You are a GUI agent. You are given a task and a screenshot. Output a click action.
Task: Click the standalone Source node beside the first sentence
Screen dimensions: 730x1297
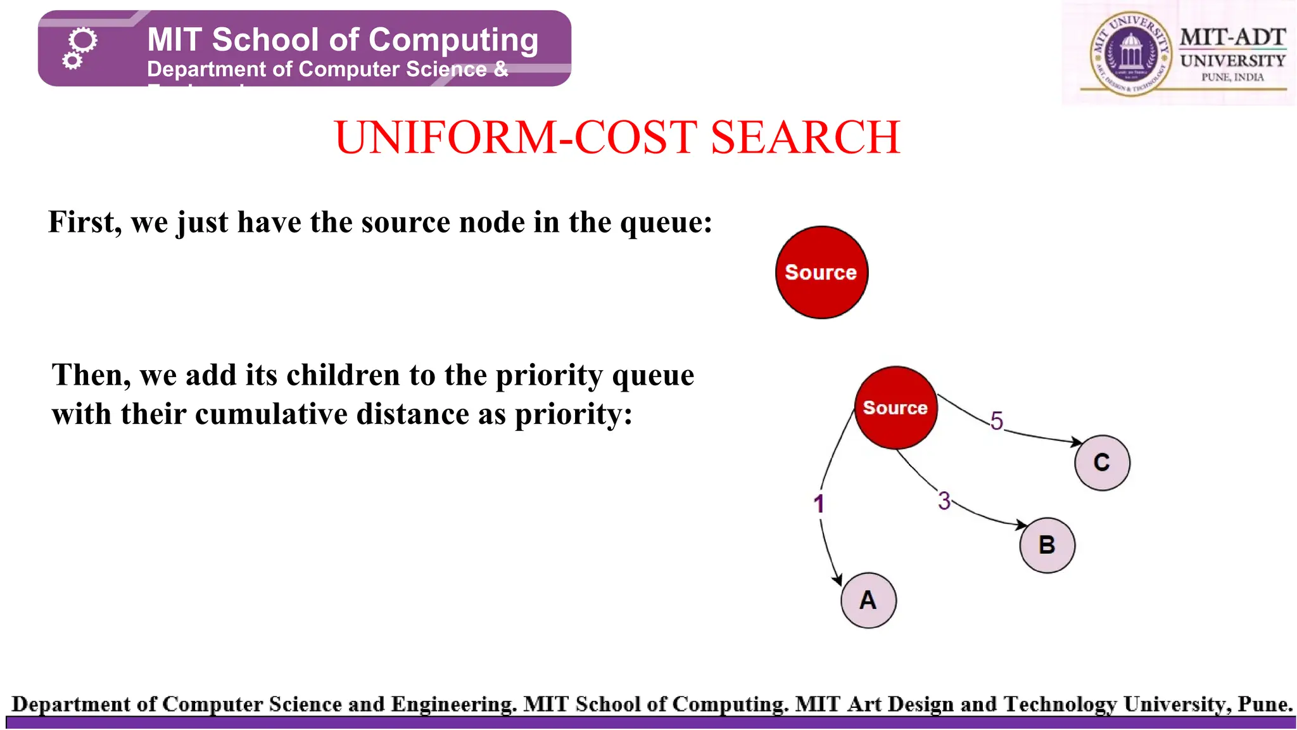pyautogui.click(x=821, y=272)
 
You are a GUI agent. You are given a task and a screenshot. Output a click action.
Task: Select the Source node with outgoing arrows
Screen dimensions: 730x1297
pyautogui.click(x=895, y=407)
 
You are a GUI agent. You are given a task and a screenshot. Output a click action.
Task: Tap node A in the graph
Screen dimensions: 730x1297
pyautogui.click(x=868, y=600)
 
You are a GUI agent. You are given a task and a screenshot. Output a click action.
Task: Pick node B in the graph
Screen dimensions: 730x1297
pyautogui.click(x=1047, y=545)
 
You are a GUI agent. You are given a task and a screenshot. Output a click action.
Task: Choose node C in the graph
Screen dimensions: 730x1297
pyautogui.click(x=1102, y=463)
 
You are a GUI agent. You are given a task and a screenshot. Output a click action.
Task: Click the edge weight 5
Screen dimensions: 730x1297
pyautogui.click(x=997, y=421)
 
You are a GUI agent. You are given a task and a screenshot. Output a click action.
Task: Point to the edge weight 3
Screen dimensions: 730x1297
pyautogui.click(x=944, y=501)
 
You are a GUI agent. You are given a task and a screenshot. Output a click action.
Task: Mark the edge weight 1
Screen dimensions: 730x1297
pyautogui.click(x=819, y=504)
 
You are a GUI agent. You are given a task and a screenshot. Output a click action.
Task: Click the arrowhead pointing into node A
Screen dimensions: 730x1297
pyautogui.click(x=838, y=580)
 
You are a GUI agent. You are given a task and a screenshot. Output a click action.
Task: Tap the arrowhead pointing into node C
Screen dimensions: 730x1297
pyautogui.click(x=1076, y=442)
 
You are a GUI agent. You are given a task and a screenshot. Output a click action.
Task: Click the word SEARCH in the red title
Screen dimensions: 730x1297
pyautogui.click(x=805, y=138)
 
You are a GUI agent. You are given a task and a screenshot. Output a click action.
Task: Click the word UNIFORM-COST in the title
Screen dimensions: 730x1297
pyautogui.click(x=516, y=138)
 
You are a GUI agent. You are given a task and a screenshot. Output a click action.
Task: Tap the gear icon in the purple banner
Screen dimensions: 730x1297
pyautogui.click(x=79, y=48)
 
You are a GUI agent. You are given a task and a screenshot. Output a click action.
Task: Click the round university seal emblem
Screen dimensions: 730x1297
pyautogui.click(x=1130, y=55)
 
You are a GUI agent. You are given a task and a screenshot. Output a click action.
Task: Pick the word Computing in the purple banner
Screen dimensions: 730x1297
pyautogui.click(x=453, y=40)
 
